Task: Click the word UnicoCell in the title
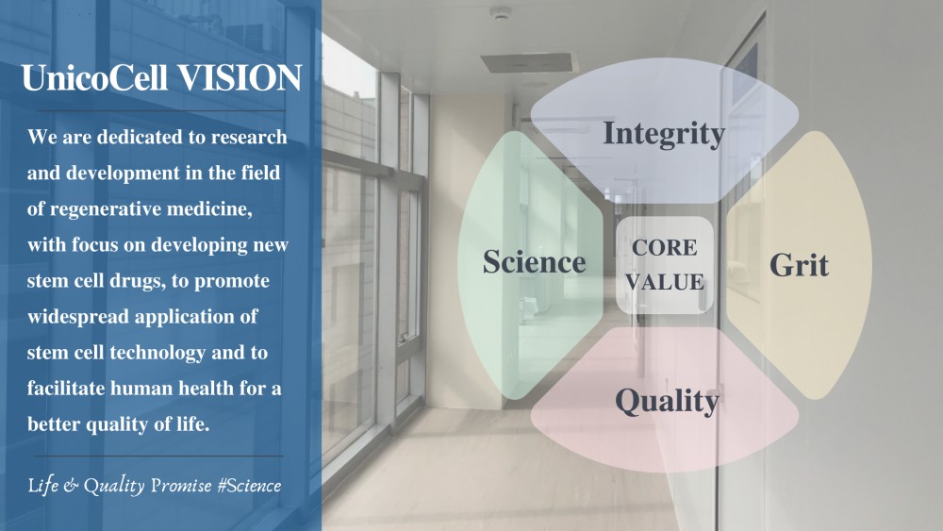(x=94, y=78)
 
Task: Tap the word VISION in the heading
(x=240, y=78)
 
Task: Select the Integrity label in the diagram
(x=664, y=134)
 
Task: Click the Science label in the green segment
(x=534, y=262)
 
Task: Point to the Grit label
(x=799, y=265)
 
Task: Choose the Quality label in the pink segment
(x=667, y=401)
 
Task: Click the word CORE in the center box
(x=665, y=248)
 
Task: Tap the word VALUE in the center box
(x=665, y=282)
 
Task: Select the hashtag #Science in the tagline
(x=249, y=486)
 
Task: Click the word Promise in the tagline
(x=181, y=486)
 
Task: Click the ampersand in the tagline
(x=71, y=486)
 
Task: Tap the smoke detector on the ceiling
(x=500, y=12)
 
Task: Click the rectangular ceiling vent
(x=526, y=62)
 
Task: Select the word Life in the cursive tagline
(x=43, y=486)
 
